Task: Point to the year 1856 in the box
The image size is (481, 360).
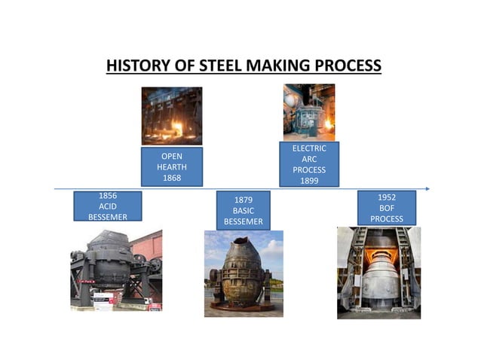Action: click(108, 196)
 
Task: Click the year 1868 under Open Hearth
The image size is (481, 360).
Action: click(172, 178)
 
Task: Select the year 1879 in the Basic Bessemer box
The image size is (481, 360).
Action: click(243, 200)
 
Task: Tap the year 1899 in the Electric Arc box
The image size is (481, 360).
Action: click(309, 181)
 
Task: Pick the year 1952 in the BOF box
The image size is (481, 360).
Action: click(387, 197)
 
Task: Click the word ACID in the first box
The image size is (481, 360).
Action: click(108, 206)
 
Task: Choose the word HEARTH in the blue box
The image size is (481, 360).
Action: click(172, 167)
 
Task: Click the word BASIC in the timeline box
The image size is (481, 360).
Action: click(243, 211)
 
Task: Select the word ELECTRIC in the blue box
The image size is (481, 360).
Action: click(309, 148)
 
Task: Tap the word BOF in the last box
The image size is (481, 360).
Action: click(387, 208)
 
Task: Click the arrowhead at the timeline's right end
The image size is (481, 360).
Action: click(427, 188)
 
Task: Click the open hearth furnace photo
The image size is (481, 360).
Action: click(172, 116)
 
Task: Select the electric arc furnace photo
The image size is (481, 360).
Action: click(308, 112)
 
